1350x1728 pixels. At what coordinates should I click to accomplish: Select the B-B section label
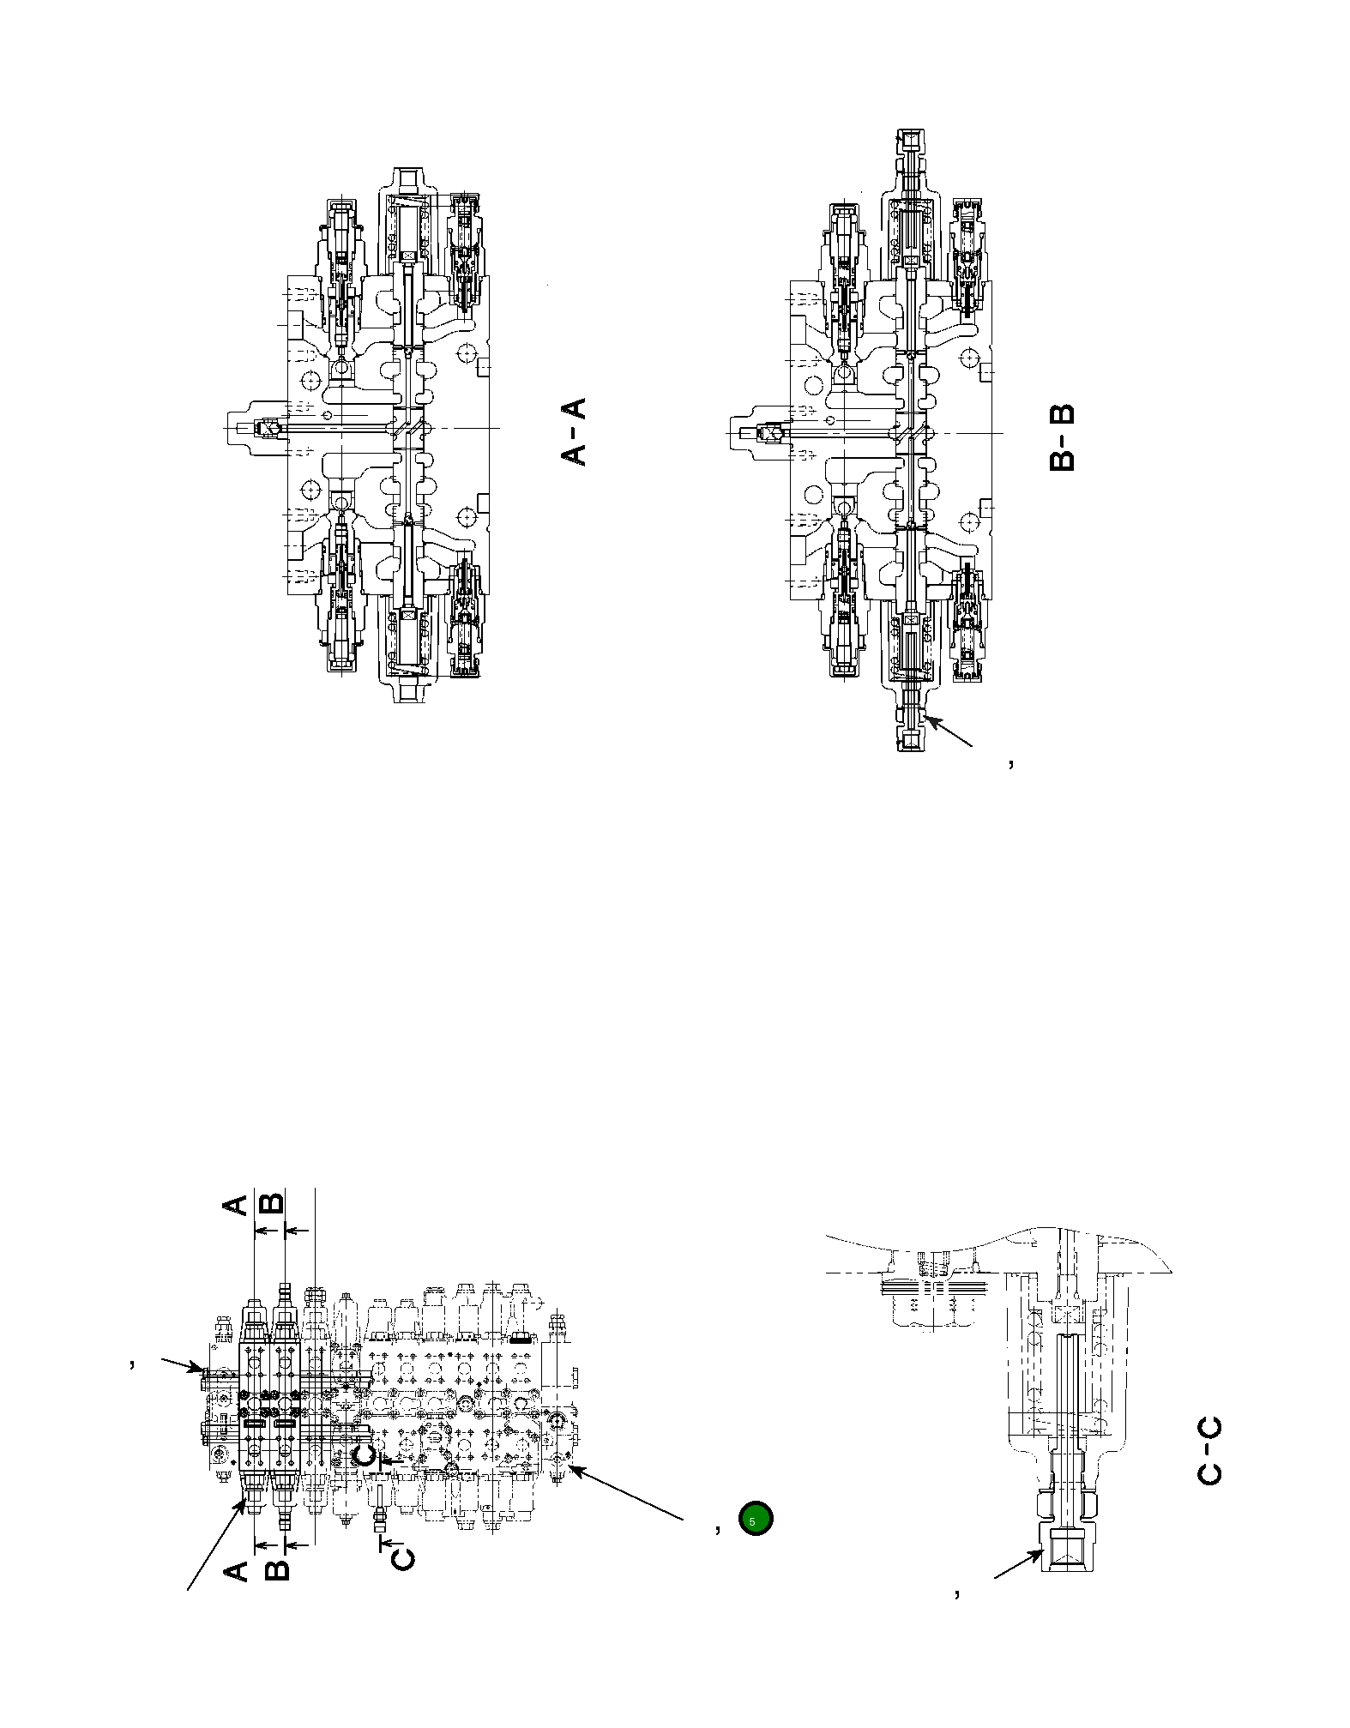click(1061, 437)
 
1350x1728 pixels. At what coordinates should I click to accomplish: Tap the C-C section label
click(1208, 1451)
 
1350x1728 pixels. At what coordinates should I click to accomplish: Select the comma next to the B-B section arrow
click(1011, 762)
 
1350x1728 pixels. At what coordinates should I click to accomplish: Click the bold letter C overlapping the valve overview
click(364, 1456)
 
